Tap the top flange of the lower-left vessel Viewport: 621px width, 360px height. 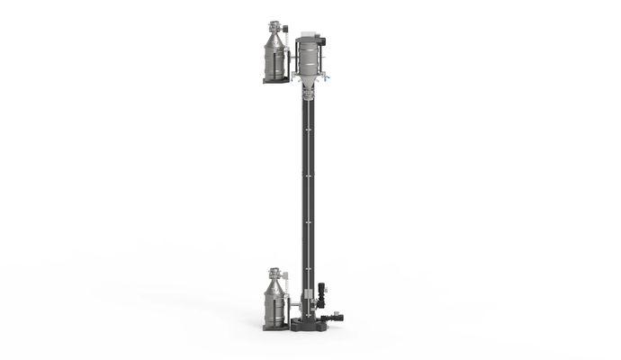point(274,271)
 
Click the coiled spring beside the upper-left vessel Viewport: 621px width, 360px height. point(286,35)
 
